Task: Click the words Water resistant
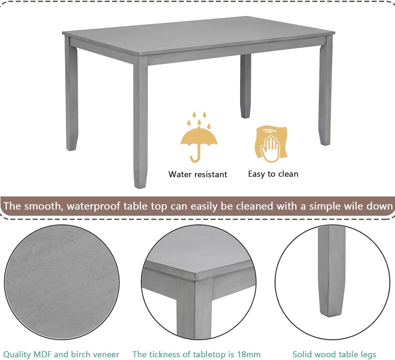tap(198, 174)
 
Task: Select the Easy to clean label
tap(273, 174)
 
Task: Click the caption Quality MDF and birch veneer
tap(61, 355)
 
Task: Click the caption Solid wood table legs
tap(334, 355)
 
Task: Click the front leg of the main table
tap(141, 123)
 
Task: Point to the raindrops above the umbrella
tap(199, 119)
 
